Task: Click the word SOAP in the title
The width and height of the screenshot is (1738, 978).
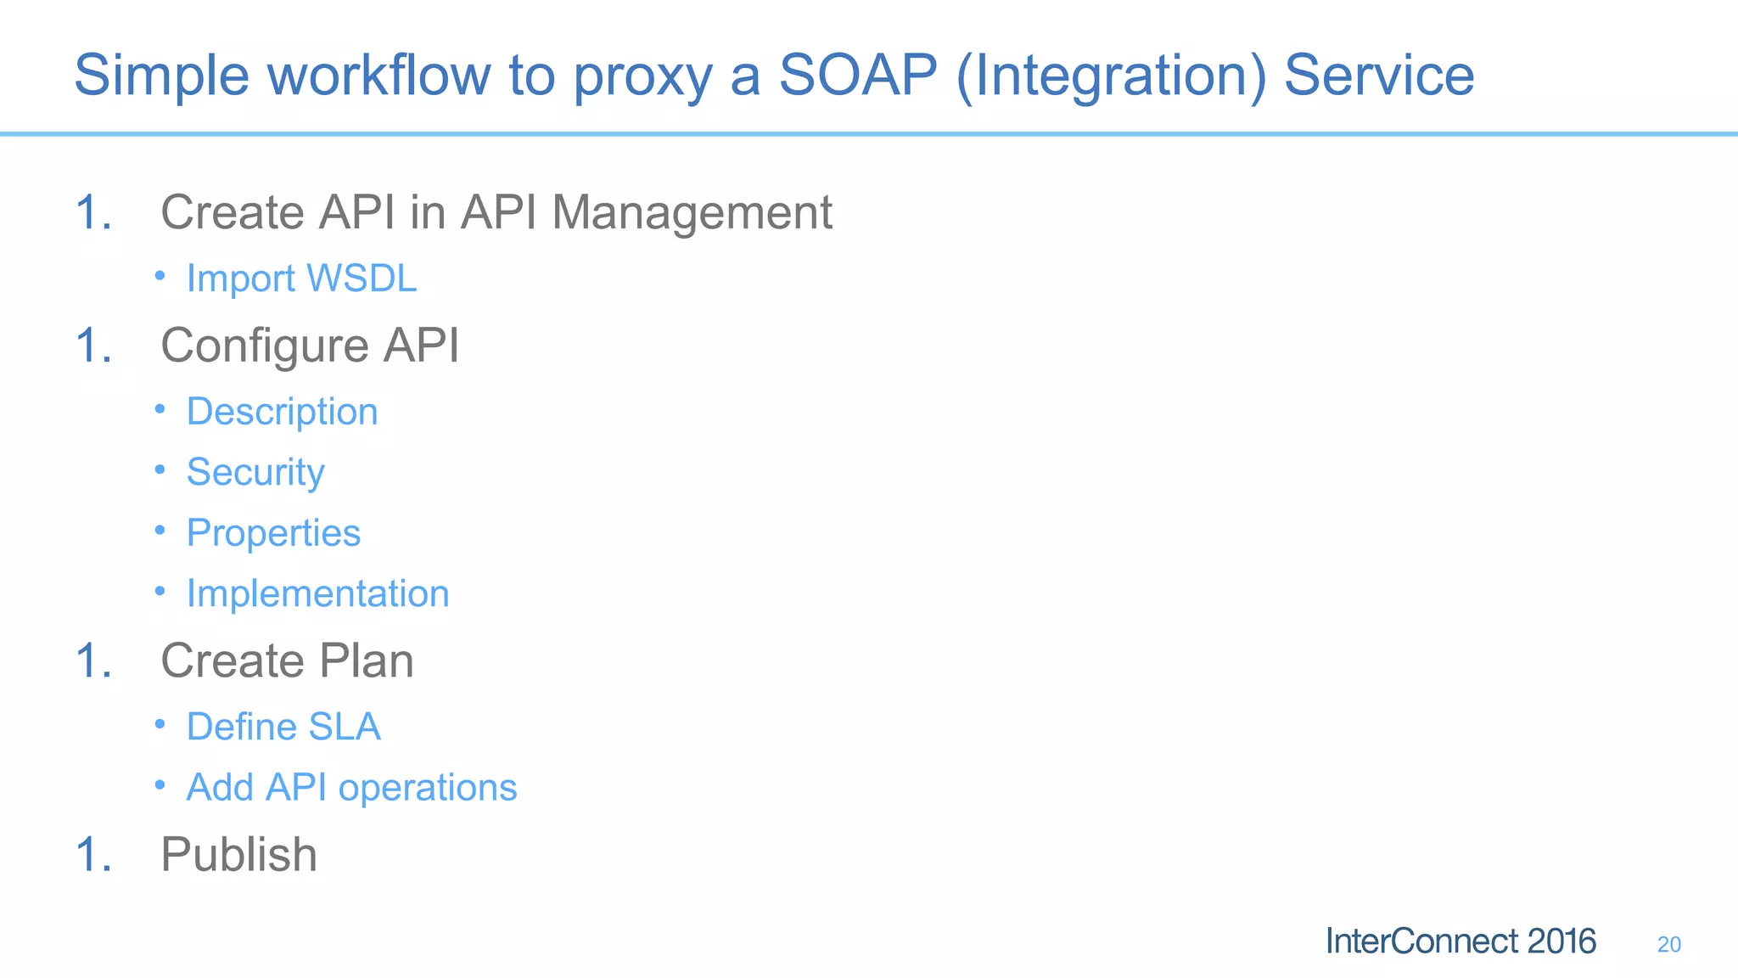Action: [x=857, y=75]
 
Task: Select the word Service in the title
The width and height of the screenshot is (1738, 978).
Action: [x=1378, y=75]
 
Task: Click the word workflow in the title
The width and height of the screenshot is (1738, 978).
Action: [x=379, y=75]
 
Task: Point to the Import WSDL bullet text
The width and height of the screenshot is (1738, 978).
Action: [x=301, y=278]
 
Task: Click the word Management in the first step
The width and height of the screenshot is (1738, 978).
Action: [x=692, y=212]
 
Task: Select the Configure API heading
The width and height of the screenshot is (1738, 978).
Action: [x=310, y=346]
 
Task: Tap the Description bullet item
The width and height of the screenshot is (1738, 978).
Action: [x=282, y=412]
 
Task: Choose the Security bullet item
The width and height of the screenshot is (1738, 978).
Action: [x=255, y=472]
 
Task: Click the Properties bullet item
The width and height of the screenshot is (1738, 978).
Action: [x=273, y=533]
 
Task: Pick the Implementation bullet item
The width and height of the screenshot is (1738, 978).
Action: [x=317, y=593]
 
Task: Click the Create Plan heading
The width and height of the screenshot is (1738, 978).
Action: [x=287, y=660]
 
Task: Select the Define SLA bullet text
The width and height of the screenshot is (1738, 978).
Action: [x=283, y=727]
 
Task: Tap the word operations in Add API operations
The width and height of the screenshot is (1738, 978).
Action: [x=427, y=788]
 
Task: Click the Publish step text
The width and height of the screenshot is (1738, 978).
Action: [x=238, y=854]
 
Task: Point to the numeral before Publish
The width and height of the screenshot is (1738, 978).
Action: [x=93, y=854]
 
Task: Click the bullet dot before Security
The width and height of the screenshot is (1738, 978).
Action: [x=160, y=469]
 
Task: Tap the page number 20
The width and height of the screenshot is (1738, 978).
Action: [x=1668, y=944]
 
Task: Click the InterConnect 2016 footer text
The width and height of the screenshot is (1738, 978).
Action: [x=1460, y=941]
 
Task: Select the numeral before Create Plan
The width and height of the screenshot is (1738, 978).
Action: [x=93, y=660]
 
